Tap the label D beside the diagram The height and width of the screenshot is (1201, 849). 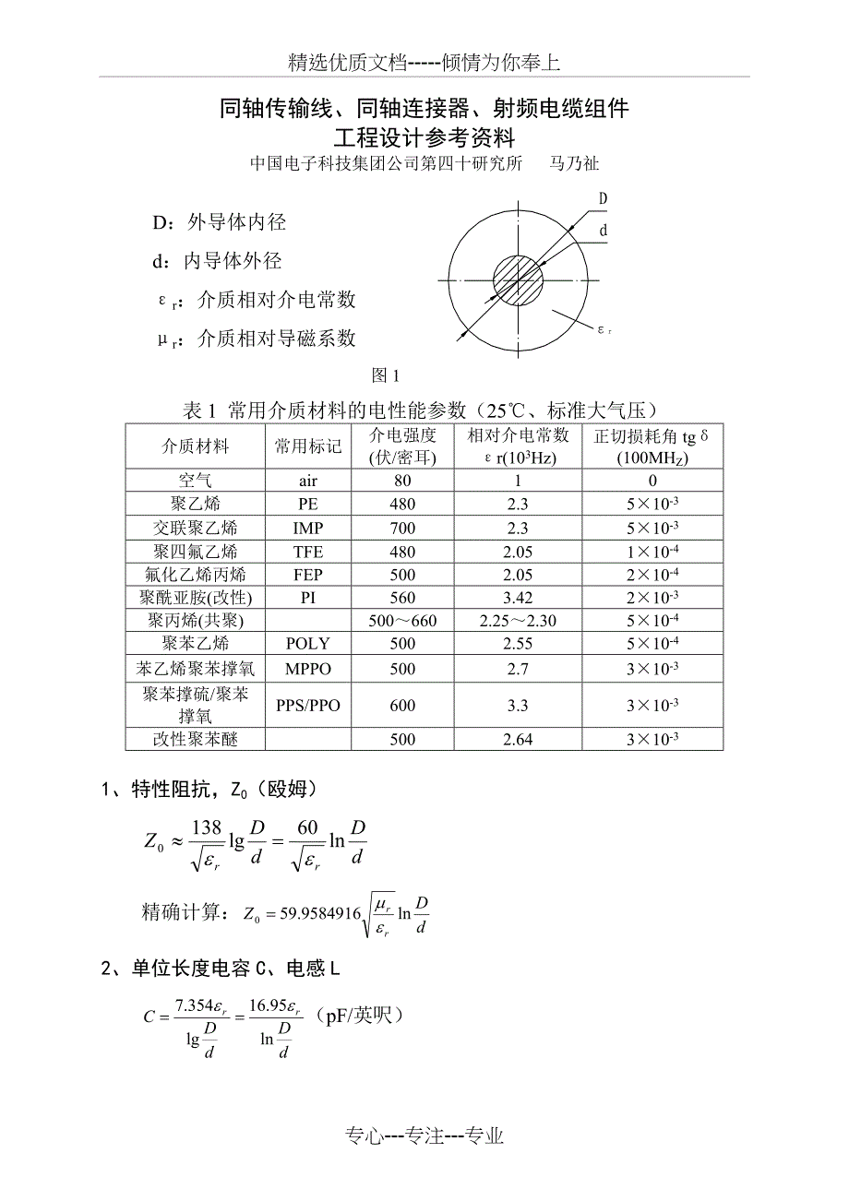coord(603,198)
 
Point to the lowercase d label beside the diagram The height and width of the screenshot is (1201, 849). coord(603,231)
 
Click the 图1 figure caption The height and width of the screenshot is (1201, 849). coord(385,375)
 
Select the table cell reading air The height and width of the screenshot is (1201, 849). coord(308,480)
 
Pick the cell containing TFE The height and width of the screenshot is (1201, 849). coord(308,552)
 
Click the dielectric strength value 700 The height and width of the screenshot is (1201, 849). coord(402,528)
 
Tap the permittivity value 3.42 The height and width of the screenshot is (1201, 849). coord(518,598)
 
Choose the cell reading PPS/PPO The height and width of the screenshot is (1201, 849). coord(308,706)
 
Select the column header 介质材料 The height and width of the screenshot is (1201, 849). coord(196,446)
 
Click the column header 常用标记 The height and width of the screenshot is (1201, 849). coord(308,446)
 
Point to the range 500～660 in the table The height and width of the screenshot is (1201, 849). coord(402,621)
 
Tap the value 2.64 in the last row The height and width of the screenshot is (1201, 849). coord(518,739)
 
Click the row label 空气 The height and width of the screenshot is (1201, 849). coord(196,480)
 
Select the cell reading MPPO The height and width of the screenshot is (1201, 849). coord(308,668)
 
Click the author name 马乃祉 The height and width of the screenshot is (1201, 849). coord(574,163)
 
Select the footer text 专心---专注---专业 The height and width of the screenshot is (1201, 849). coord(425,1136)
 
